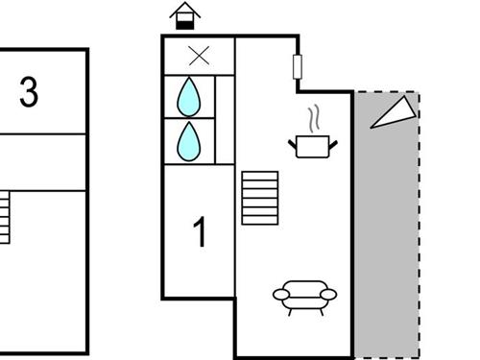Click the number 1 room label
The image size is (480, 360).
pos(200,233)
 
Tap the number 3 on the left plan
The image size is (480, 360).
pos(29,93)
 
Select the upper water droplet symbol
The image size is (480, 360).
pos(189,96)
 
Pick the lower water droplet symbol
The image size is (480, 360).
pos(189,140)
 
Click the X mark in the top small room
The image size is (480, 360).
pos(199,56)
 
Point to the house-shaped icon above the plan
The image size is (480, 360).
pos(184,15)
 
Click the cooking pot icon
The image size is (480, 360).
pos(313,146)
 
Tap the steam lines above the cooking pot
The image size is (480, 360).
pos(313,119)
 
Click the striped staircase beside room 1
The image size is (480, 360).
pos(259,198)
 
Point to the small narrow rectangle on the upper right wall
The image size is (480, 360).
pos(298,66)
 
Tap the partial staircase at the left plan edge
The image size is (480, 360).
pos(5,217)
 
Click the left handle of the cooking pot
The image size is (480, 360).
pos(292,144)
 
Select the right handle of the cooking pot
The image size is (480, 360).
pos(333,144)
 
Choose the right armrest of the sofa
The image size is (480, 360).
pos(329,295)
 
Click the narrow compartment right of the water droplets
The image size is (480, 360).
pos(225,119)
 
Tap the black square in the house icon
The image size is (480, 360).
pos(184,22)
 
